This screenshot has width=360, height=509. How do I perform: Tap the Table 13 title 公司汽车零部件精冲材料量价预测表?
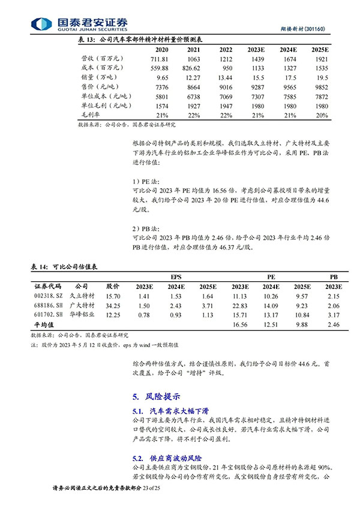coord(149,40)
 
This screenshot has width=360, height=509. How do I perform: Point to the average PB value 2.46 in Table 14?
coord(330,324)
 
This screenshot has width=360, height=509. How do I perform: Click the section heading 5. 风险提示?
coord(155,396)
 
